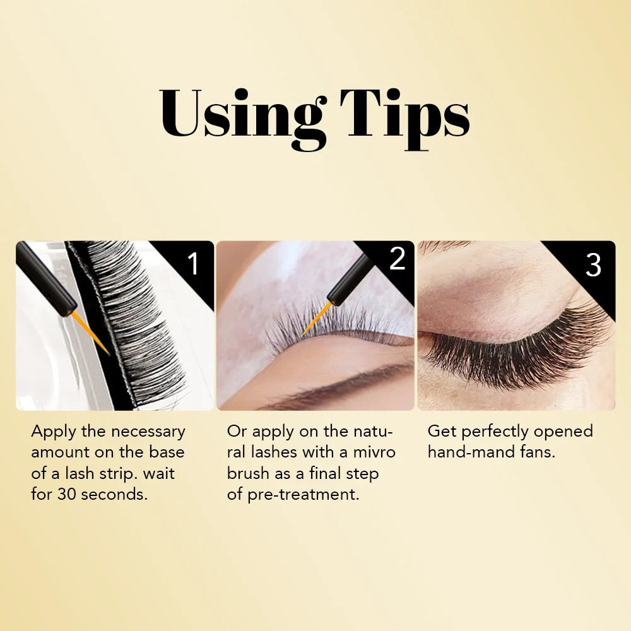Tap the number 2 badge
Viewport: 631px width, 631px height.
click(x=397, y=259)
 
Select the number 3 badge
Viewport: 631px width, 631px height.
click(x=593, y=265)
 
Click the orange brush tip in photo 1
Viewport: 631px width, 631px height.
click(x=90, y=333)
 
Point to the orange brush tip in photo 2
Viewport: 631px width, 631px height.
click(x=317, y=319)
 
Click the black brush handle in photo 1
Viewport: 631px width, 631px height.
click(x=45, y=278)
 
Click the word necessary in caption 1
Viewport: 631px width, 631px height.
click(x=148, y=432)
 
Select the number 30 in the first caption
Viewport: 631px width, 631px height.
click(x=67, y=495)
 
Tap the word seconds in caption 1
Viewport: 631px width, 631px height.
click(x=114, y=495)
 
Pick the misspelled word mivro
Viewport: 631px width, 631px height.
click(x=374, y=452)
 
